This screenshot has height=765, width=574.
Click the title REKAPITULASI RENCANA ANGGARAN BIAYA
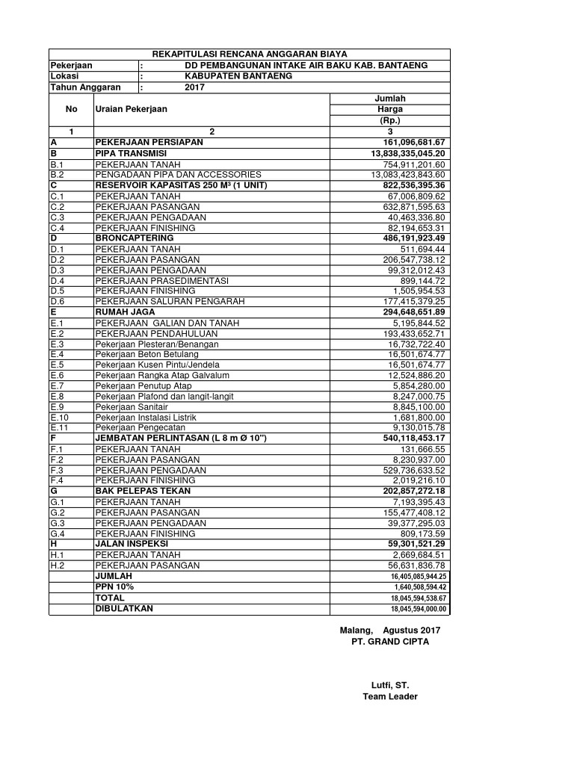pos(250,55)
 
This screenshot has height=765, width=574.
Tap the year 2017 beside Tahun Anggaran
pos(194,87)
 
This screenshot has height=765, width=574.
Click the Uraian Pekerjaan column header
pos(131,109)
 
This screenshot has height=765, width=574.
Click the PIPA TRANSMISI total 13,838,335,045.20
pos(403,153)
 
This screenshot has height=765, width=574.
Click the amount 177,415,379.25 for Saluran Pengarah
pos(408,302)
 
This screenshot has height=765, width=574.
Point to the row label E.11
pos(60,428)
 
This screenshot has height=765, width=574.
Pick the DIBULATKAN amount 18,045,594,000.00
pos(418,609)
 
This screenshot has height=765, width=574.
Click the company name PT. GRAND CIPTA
pos(390,642)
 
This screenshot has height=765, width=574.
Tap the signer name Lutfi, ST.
pos(390,685)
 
